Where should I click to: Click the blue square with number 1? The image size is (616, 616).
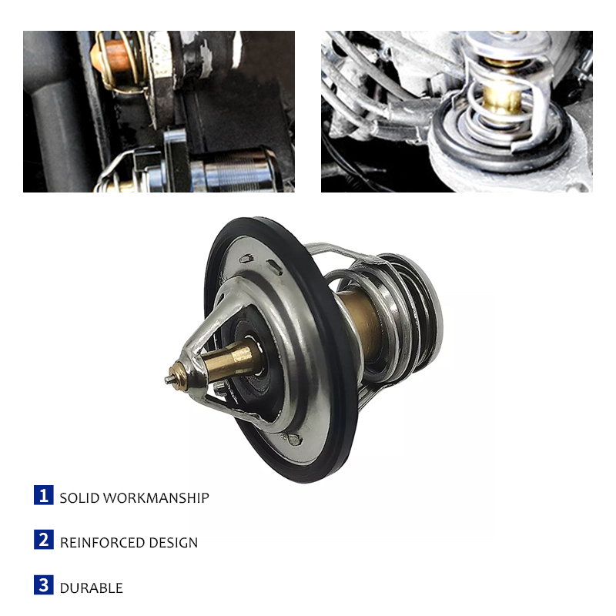coord(44,495)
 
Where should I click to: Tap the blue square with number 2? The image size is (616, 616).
coord(44,540)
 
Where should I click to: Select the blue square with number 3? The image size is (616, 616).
coord(44,585)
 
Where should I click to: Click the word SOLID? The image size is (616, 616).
coord(79,498)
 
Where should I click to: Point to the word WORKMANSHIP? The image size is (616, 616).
coord(156,498)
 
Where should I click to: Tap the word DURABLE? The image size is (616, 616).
coord(92,588)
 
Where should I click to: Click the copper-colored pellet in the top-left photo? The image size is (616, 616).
coord(112,58)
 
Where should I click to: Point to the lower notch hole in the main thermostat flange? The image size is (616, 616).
coord(293,439)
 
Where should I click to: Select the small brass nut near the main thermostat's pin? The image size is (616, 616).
coord(179,377)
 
